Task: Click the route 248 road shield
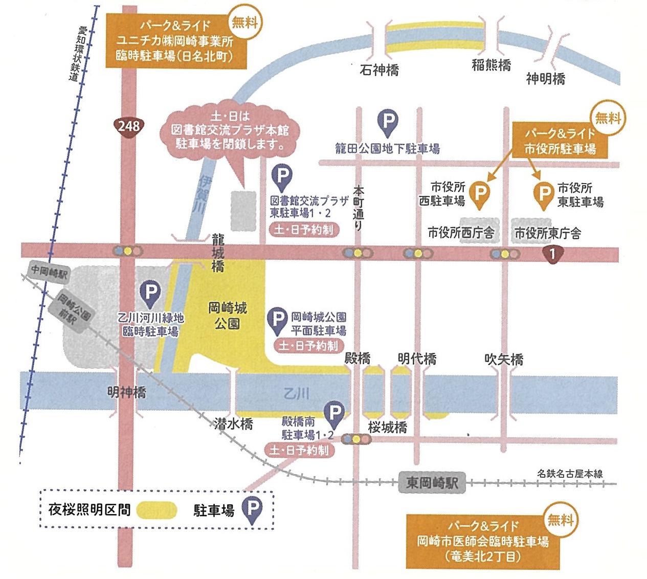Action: click(x=128, y=126)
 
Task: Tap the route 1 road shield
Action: click(x=552, y=254)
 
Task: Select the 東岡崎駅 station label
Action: click(x=432, y=482)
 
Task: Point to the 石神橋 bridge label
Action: click(x=379, y=70)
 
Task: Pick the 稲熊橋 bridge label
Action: click(x=491, y=65)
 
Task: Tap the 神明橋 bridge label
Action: click(x=545, y=78)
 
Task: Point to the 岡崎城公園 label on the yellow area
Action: click(x=228, y=315)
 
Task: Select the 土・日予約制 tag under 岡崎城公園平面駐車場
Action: click(x=308, y=346)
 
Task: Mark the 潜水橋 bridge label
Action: click(x=234, y=424)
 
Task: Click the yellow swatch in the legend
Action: click(x=157, y=510)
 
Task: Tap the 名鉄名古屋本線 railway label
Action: click(x=570, y=474)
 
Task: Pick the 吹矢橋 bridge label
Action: click(x=504, y=359)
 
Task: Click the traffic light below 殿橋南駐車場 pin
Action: click(x=356, y=439)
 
